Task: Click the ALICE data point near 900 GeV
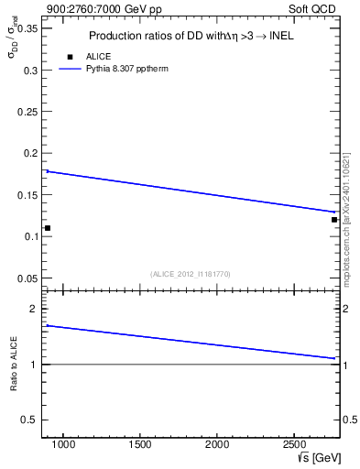click(48, 228)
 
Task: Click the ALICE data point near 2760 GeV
click(334, 220)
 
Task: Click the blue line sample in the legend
click(71, 69)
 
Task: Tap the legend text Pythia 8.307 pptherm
click(127, 69)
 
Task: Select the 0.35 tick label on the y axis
click(27, 28)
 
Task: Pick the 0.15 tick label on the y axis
click(27, 194)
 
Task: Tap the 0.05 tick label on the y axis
click(27, 278)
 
